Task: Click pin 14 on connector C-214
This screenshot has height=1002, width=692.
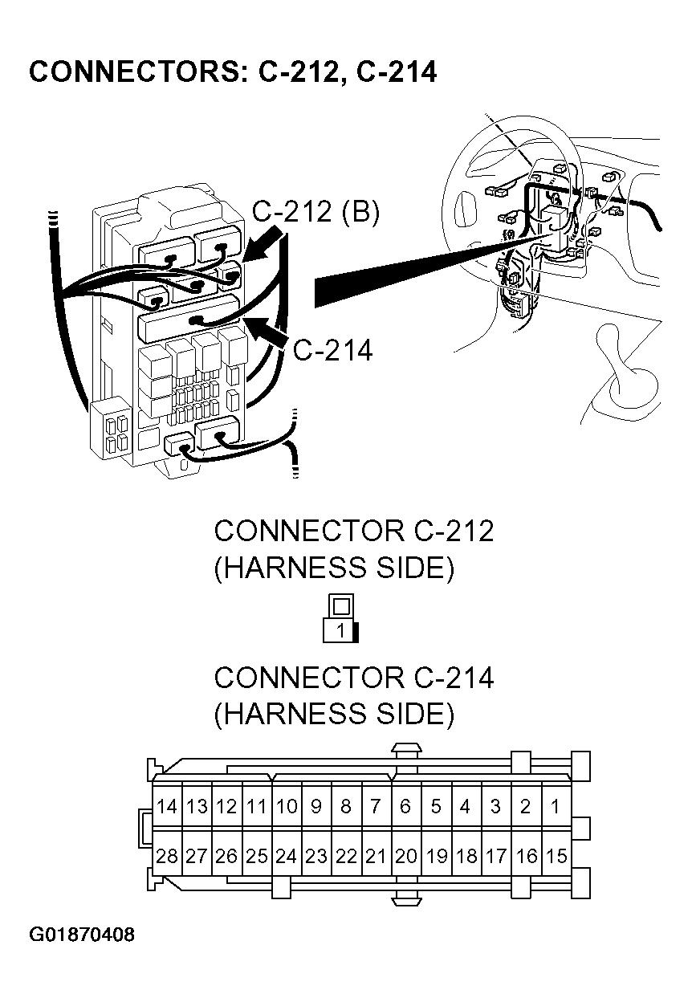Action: (167, 806)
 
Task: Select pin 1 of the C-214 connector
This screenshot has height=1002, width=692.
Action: (556, 806)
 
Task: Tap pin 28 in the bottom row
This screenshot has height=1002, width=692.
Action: (167, 857)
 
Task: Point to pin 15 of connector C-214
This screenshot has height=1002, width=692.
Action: (556, 857)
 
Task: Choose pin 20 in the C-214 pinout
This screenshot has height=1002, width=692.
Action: (406, 857)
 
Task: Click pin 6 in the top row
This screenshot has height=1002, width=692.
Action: (406, 806)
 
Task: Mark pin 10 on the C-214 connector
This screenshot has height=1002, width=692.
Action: (287, 806)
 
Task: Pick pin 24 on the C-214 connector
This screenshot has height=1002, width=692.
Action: (287, 857)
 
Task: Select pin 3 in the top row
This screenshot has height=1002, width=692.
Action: (496, 806)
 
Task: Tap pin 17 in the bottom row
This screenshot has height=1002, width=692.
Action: (496, 857)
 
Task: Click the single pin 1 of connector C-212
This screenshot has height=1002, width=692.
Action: (340, 631)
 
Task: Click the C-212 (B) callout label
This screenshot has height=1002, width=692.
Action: (315, 213)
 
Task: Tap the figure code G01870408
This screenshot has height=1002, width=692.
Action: (82, 935)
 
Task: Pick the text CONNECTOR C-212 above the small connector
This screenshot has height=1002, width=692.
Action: (353, 532)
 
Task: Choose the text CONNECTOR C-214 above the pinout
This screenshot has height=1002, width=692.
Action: (353, 678)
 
